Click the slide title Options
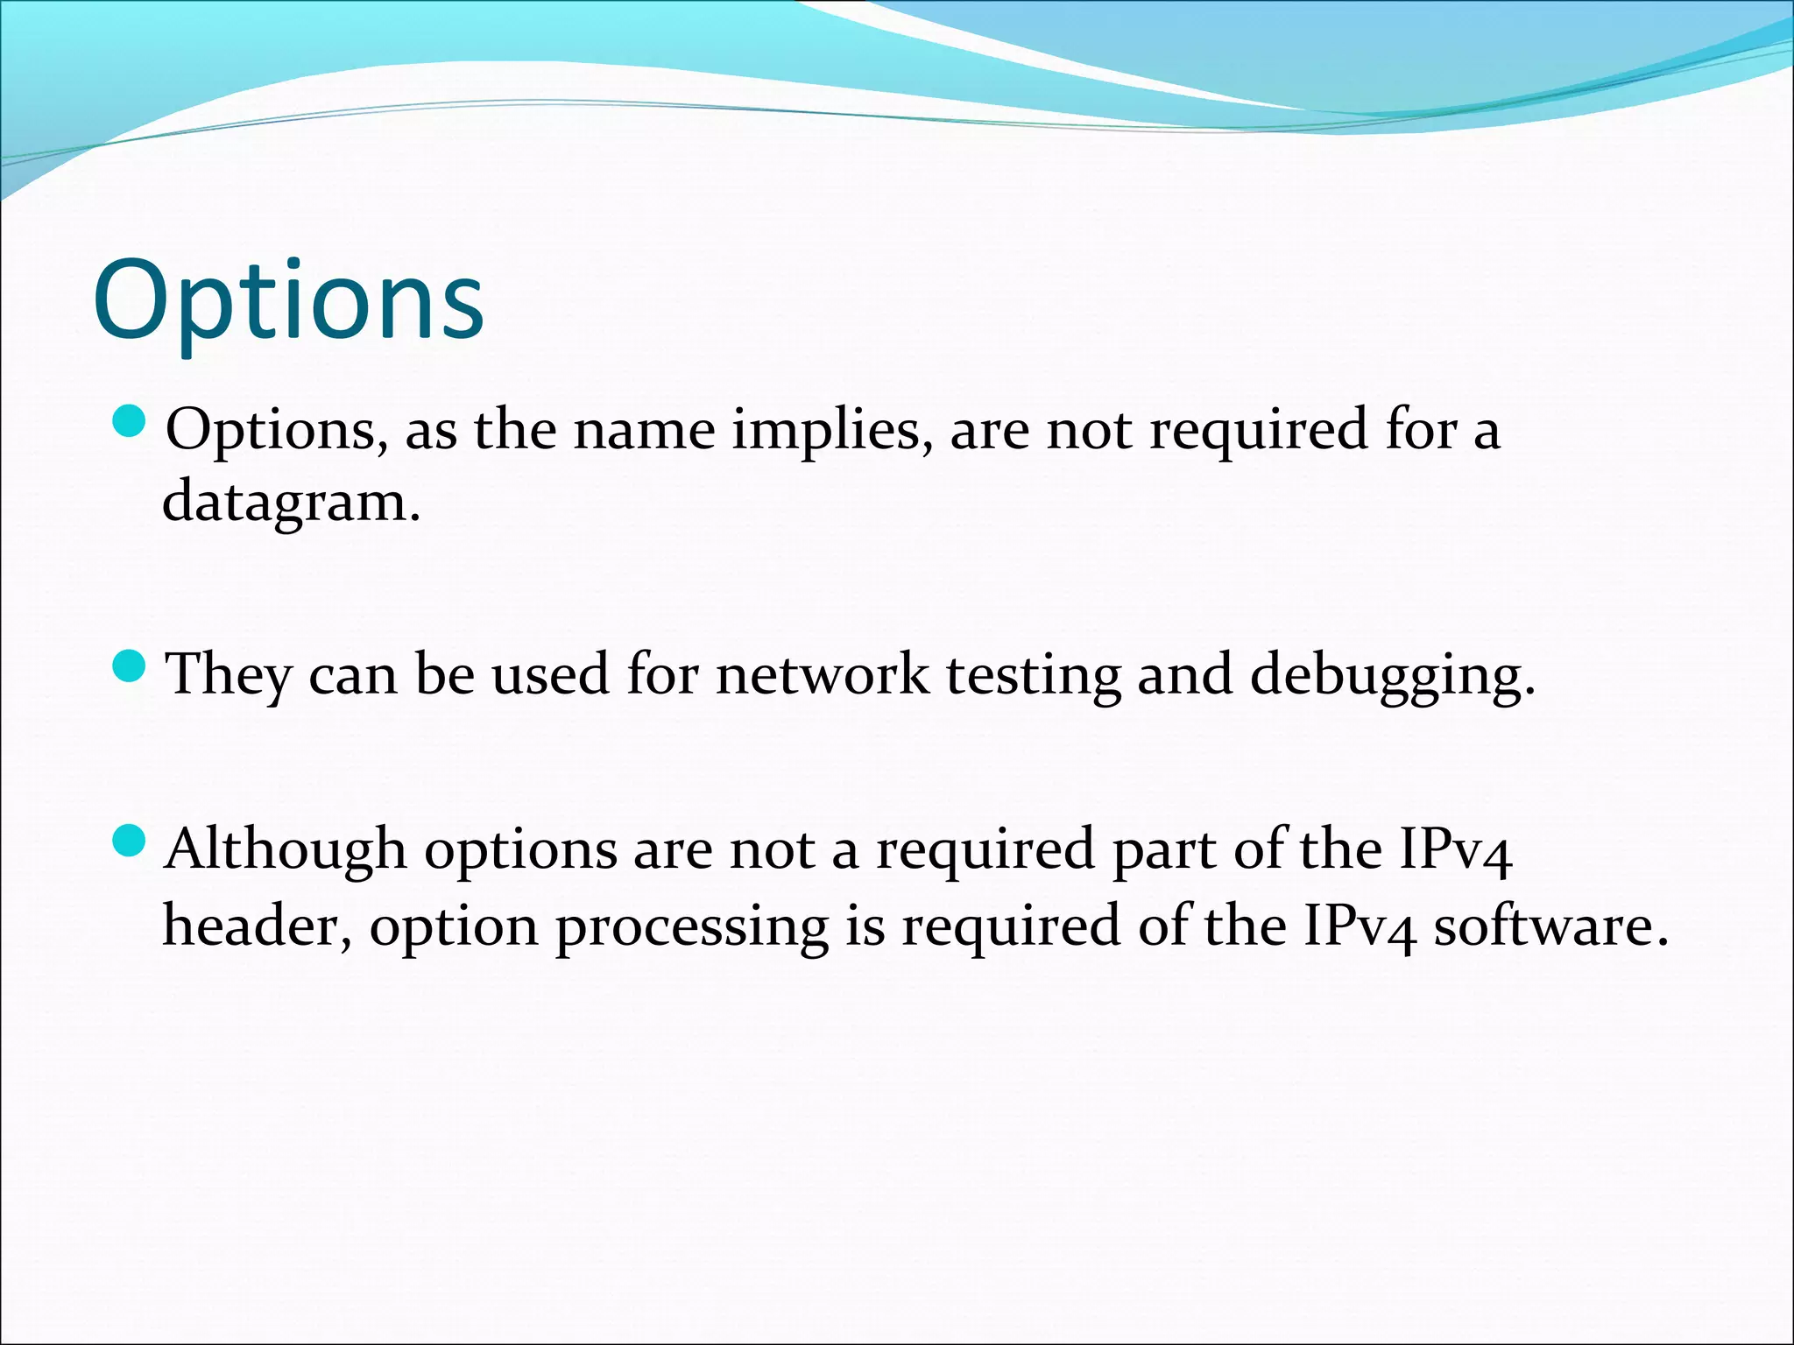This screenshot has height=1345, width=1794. pyautogui.click(x=288, y=299)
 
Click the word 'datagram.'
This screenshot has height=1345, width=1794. pyautogui.click(x=292, y=503)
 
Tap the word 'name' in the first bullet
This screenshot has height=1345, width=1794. pyautogui.click(x=643, y=431)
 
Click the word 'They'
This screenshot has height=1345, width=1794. pyautogui.click(x=228, y=676)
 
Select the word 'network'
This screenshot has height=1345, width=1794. pyautogui.click(x=822, y=674)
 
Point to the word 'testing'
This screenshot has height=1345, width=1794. pyautogui.click(x=1034, y=676)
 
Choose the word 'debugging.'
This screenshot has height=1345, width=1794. pyautogui.click(x=1392, y=676)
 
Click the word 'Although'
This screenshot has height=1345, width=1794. pyautogui.click(x=286, y=849)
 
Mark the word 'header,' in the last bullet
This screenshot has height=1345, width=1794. pyautogui.click(x=258, y=926)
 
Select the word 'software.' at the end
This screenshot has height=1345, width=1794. pyautogui.click(x=1550, y=926)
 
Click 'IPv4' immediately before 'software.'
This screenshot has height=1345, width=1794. pyautogui.click(x=1359, y=926)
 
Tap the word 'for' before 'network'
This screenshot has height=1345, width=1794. pyautogui.click(x=662, y=674)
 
